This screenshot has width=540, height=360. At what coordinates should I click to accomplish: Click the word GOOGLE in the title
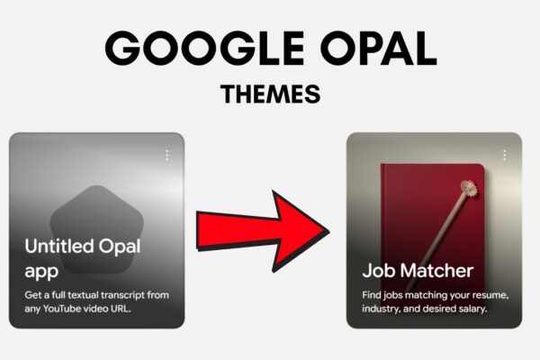pyautogui.click(x=204, y=49)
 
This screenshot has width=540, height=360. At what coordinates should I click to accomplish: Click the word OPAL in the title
pyautogui.click(x=379, y=49)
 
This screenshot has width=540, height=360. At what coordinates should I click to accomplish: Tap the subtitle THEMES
pyautogui.click(x=270, y=94)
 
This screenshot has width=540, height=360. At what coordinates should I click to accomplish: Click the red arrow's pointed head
pyautogui.click(x=328, y=231)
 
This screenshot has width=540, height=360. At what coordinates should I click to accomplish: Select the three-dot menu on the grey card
pyautogui.click(x=167, y=156)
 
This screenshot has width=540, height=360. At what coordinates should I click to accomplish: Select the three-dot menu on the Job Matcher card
pyautogui.click(x=504, y=156)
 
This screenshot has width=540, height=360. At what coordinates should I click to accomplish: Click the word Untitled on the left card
pyautogui.click(x=59, y=246)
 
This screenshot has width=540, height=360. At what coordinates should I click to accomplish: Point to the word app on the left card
pyautogui.click(x=41, y=272)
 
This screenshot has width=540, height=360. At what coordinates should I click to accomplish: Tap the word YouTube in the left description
pyautogui.click(x=64, y=309)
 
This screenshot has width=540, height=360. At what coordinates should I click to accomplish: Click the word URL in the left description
pyautogui.click(x=121, y=309)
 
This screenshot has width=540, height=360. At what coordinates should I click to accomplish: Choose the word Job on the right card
pyautogui.click(x=379, y=270)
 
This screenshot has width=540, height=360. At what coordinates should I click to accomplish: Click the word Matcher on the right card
pyautogui.click(x=436, y=270)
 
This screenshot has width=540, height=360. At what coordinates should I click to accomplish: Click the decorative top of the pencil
pyautogui.click(x=469, y=189)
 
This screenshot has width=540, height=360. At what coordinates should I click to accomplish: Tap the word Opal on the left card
pyautogui.click(x=120, y=247)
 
